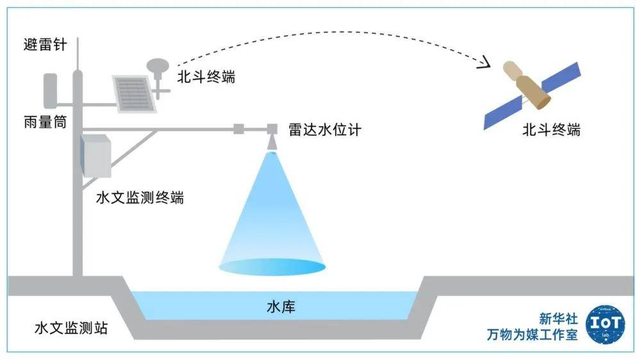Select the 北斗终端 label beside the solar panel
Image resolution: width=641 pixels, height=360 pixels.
206,78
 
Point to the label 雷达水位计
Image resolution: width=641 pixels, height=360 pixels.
325,129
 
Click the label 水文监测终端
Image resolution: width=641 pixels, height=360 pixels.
139,198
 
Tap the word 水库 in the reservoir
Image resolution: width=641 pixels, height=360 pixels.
281,307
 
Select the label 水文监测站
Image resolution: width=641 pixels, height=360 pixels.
71,329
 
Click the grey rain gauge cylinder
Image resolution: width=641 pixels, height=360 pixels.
50,90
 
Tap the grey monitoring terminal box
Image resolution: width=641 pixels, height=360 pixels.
96,155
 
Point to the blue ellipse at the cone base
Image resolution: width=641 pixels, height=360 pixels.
273,266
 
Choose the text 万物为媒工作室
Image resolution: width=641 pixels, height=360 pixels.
533,334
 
